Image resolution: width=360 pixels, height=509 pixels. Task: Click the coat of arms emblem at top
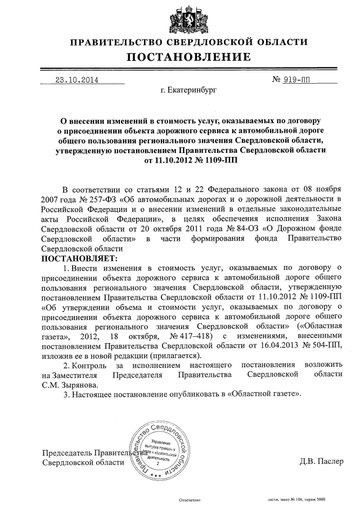pyautogui.click(x=180, y=19)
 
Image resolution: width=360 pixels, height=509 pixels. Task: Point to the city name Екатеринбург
pyautogui.click(x=188, y=89)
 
